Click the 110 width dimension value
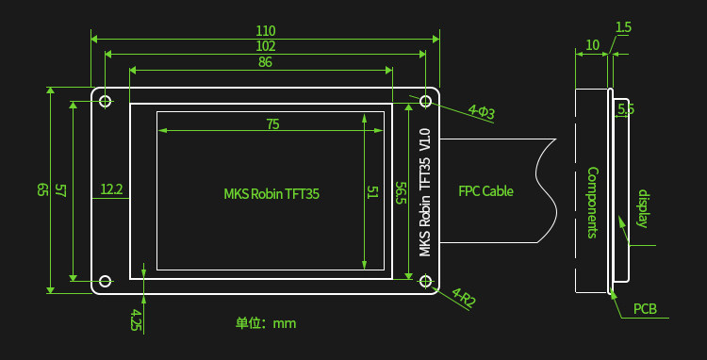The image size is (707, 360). click(265, 30)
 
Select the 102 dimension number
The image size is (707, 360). click(265, 45)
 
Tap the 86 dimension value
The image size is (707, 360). click(265, 62)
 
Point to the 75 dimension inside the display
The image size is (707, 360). click(272, 123)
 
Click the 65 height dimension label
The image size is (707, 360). click(42, 189)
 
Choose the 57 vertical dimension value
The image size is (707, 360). click(60, 189)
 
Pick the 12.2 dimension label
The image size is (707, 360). click(111, 189)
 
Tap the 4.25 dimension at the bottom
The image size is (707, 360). click(137, 319)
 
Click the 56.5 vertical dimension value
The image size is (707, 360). click(401, 193)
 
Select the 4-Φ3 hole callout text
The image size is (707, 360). click(482, 113)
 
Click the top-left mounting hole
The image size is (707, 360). click(106, 101)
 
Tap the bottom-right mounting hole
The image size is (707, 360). click(426, 281)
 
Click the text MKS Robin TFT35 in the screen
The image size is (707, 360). click(271, 194)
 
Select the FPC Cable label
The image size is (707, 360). click(485, 190)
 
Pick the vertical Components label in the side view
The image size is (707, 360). click(592, 202)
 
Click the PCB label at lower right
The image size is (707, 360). click(645, 309)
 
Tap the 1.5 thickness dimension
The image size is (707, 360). click(623, 27)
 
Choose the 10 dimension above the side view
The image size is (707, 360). click(592, 44)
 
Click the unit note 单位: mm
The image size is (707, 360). click(266, 323)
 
